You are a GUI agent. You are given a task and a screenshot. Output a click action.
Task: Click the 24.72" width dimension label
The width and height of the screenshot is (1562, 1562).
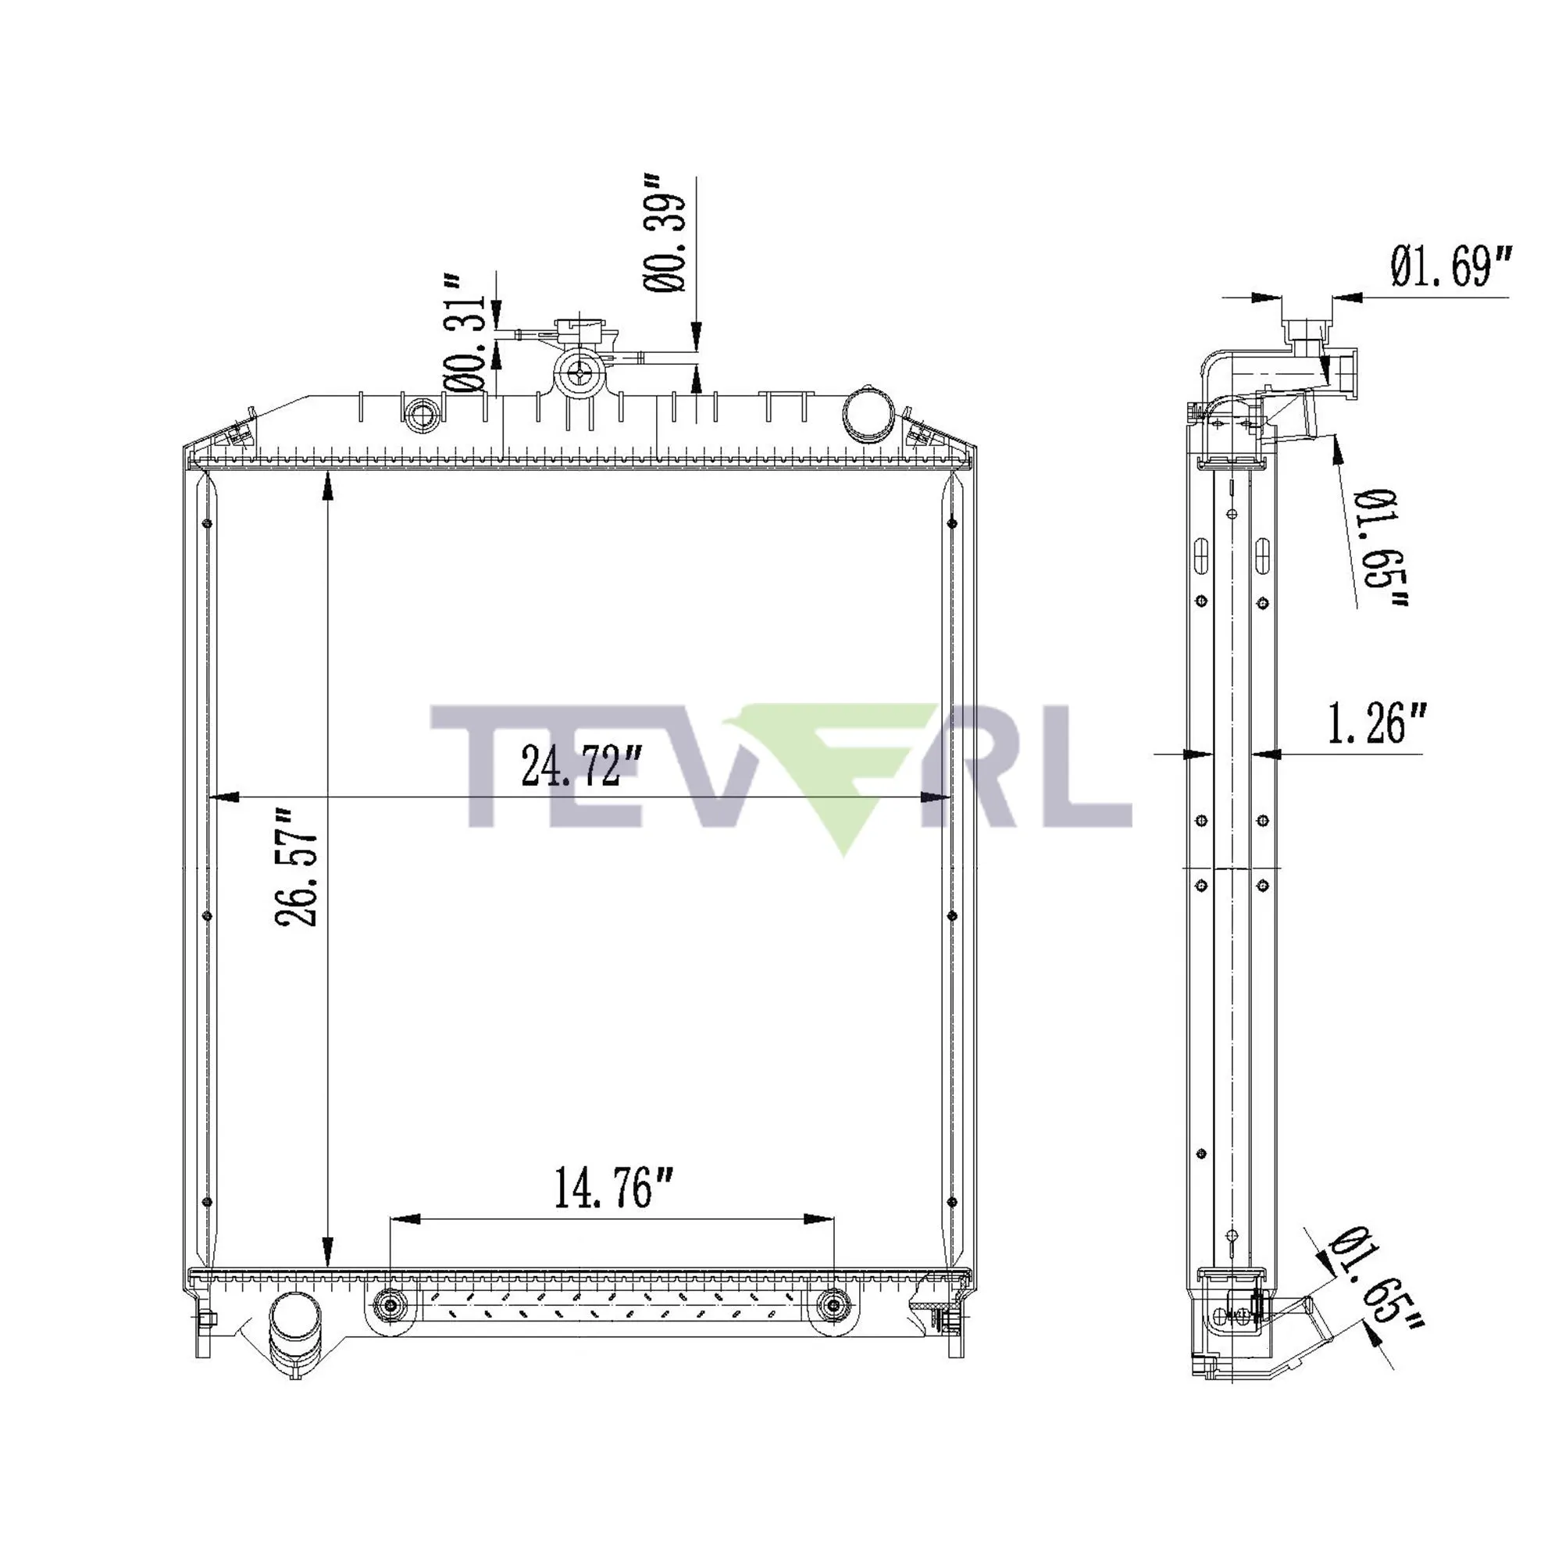tap(581, 765)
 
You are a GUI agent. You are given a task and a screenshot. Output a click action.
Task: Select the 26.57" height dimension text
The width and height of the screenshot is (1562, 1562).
tap(297, 866)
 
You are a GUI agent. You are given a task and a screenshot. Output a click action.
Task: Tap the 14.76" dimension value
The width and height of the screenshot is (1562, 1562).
tap(614, 1189)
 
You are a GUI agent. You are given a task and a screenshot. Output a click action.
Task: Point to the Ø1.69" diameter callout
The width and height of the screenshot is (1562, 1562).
tap(1450, 266)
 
